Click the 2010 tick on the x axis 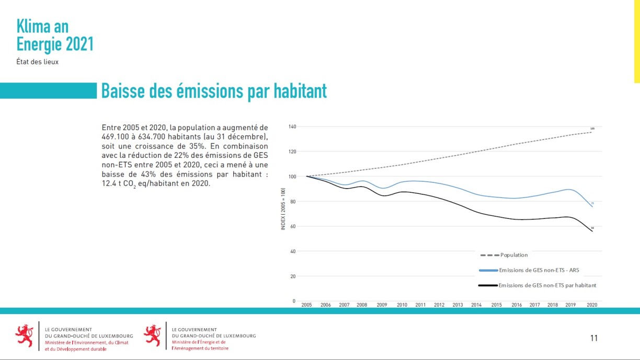[x=402, y=305]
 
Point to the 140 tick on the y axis [x=292, y=127]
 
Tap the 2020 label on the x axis [x=592, y=305]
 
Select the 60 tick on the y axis [x=293, y=227]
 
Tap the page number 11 [x=593, y=338]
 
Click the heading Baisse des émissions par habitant [x=214, y=91]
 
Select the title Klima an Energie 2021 [x=55, y=36]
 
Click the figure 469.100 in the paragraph [x=116, y=137]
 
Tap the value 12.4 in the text [x=110, y=184]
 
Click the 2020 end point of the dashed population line [x=592, y=132]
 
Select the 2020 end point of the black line [x=592, y=231]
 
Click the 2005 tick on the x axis [x=306, y=305]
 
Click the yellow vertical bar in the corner [x=637, y=41]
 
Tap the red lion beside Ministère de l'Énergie [x=152, y=335]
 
